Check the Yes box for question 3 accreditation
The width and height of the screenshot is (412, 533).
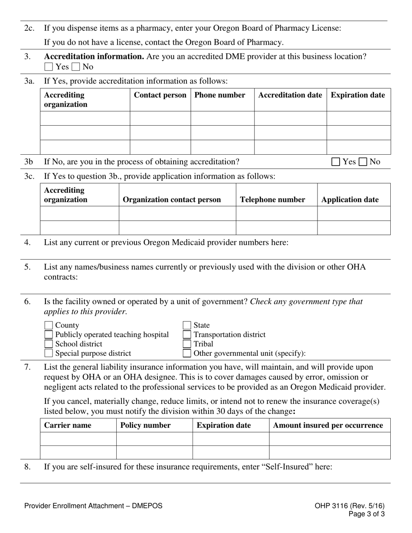(49, 67)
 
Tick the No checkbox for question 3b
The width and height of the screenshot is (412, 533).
(363, 162)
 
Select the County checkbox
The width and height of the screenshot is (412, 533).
(49, 325)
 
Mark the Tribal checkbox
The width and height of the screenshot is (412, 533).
(187, 344)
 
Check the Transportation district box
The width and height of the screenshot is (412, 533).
(187, 335)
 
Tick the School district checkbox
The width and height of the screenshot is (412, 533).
(49, 344)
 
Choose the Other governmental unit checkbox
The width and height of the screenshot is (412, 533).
(187, 353)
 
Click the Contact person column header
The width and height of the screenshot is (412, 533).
(160, 95)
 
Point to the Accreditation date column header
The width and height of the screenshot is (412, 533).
(290, 95)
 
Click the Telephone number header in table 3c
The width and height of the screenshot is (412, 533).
(272, 200)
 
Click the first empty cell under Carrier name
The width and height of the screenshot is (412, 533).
(78, 439)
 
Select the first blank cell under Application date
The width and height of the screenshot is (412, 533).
(353, 214)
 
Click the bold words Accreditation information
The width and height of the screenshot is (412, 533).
(94, 57)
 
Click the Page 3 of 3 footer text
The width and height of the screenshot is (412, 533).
(366, 514)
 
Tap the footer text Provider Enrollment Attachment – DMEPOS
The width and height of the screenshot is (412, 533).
(93, 506)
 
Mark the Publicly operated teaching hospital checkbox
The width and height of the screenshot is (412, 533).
(49, 335)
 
